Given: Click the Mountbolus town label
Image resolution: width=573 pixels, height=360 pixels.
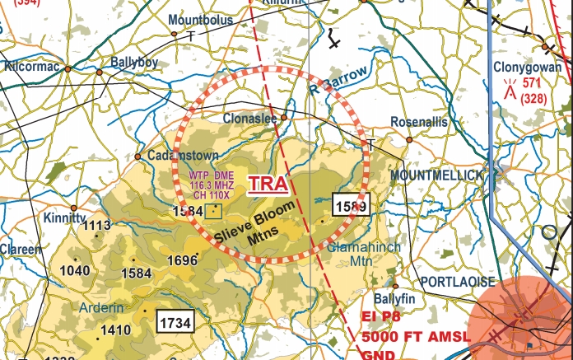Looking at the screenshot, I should pos(200,20).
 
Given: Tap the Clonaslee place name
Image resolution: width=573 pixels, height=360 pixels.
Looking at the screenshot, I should pos(251,119).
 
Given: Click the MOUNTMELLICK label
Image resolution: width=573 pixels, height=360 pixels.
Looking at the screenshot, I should pos(437,176).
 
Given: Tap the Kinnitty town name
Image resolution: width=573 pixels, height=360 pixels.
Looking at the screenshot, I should pos(65,218).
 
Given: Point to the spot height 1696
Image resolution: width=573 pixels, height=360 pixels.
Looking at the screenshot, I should pos(183,260).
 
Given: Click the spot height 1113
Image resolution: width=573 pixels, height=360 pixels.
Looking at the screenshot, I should pos(97,226).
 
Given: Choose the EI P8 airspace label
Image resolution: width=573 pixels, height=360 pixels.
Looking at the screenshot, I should pos(381,316).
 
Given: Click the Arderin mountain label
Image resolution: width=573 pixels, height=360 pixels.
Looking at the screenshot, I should pos(103,308).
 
